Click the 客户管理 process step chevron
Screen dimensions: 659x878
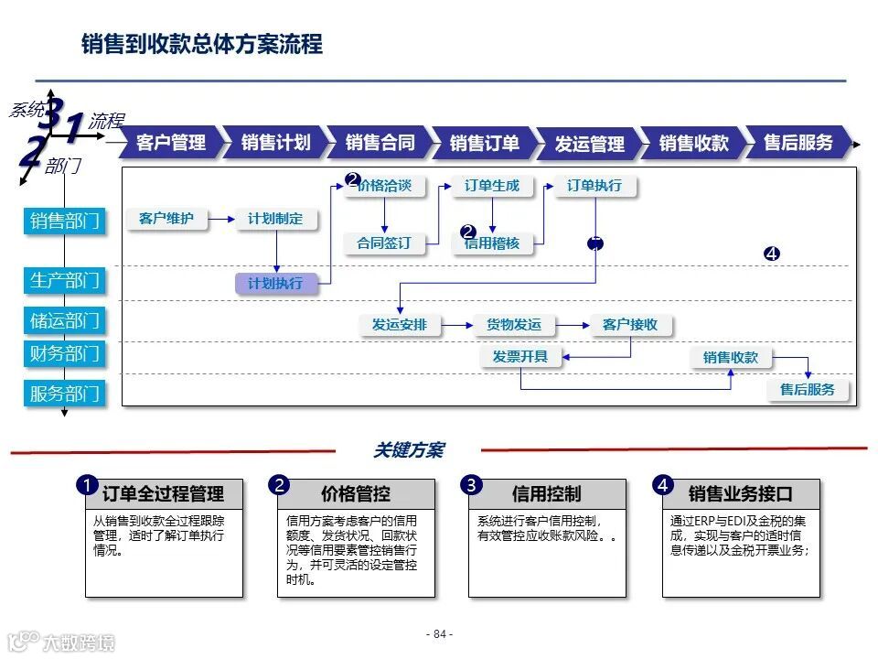(x=170, y=143)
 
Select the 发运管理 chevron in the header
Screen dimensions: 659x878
(x=589, y=144)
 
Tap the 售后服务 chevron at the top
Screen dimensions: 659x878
(x=798, y=143)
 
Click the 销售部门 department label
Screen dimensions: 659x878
(x=65, y=221)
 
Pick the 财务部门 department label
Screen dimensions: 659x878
(x=65, y=353)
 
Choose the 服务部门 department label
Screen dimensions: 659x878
(x=65, y=394)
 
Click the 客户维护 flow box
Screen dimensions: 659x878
(x=166, y=219)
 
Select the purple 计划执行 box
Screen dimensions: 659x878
(x=275, y=284)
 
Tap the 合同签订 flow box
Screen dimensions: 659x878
(x=384, y=243)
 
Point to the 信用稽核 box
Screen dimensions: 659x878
(x=492, y=243)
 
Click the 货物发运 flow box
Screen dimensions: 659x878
(x=513, y=325)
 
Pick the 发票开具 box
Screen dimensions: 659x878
(x=519, y=357)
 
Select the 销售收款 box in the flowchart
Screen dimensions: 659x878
(x=731, y=358)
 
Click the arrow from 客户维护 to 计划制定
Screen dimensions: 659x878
(x=221, y=219)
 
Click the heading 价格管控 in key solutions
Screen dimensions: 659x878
(x=356, y=494)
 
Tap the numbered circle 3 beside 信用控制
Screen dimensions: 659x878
(x=471, y=485)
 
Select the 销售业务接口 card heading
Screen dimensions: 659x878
(x=740, y=494)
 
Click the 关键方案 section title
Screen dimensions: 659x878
(x=408, y=450)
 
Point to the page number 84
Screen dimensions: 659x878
(x=439, y=634)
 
